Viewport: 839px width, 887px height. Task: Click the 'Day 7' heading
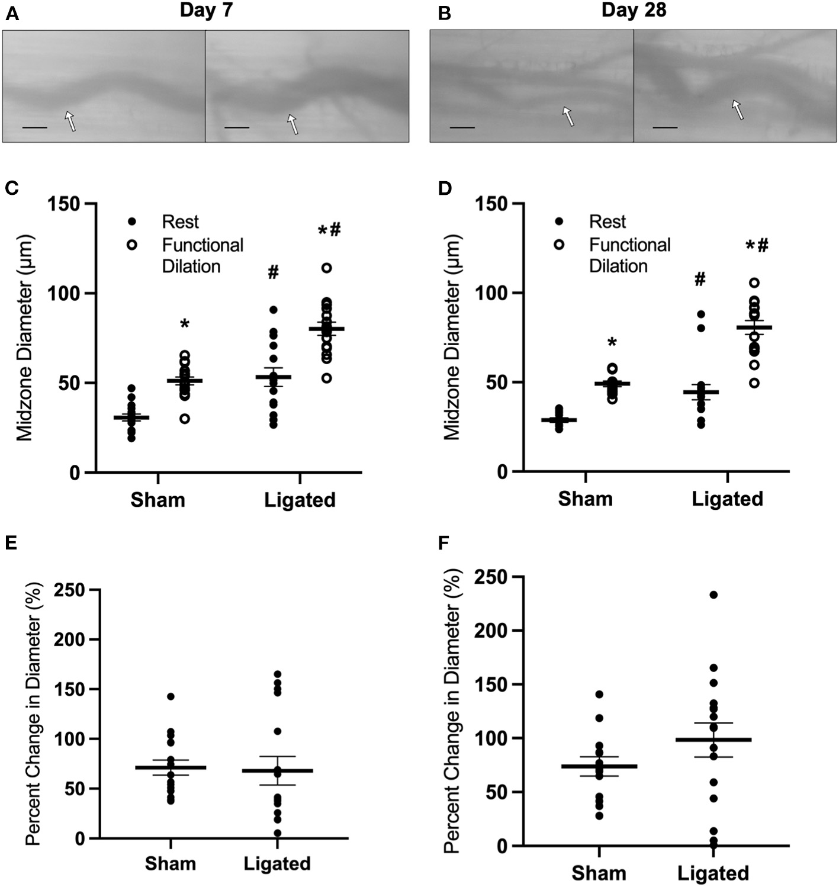click(206, 11)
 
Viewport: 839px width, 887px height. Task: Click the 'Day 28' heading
click(634, 11)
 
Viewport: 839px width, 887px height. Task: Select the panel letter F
click(443, 543)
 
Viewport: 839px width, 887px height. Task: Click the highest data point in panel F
click(713, 594)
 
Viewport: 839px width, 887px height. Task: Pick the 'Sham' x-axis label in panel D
click(585, 499)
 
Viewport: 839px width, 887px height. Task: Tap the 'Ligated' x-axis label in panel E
click(277, 863)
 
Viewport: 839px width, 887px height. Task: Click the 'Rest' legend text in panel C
click(181, 222)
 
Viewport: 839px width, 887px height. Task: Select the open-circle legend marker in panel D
click(559, 244)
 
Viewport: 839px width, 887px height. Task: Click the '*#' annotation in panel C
click(329, 230)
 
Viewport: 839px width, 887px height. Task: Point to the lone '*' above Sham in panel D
click(612, 342)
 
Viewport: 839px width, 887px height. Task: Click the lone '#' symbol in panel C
click(273, 273)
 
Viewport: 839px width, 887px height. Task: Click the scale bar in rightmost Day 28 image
click(665, 127)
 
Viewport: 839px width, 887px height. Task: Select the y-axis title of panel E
click(33, 713)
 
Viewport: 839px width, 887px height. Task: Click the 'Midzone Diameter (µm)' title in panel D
click(452, 338)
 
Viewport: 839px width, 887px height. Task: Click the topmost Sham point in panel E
click(171, 696)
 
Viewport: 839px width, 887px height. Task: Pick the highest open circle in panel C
click(326, 268)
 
